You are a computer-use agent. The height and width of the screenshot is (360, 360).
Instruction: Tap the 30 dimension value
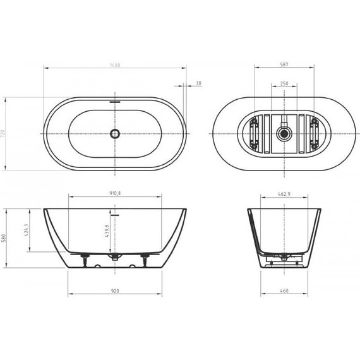point(198,83)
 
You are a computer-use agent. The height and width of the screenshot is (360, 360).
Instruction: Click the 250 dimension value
point(284,83)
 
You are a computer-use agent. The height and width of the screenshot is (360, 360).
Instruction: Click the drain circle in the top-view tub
point(114,134)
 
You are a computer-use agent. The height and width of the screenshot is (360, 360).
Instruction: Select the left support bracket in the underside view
point(254,133)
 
